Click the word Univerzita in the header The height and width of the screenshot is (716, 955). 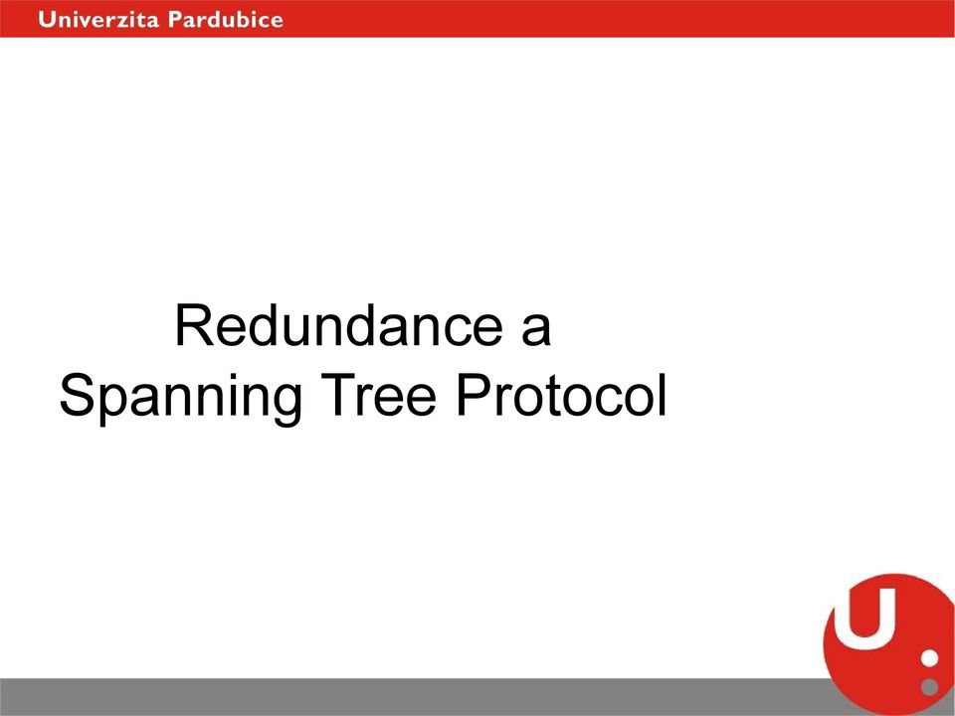pos(98,20)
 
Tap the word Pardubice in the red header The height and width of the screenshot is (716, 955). pos(226,20)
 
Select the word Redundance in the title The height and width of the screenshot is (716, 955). pos(339,326)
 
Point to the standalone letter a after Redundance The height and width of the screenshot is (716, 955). pos(536,332)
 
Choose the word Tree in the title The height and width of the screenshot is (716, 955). pos(379,395)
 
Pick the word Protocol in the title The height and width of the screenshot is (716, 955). pos(561,395)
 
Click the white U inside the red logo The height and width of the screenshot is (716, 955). pos(864,617)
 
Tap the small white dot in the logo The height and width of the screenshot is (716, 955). pos(929,658)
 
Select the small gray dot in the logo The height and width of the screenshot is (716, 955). pos(929,687)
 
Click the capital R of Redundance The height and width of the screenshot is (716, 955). pos(195,326)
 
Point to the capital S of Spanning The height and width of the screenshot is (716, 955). pos(79,395)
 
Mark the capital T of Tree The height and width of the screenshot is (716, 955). pos(339,395)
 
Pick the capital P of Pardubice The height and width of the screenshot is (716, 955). pos(176,20)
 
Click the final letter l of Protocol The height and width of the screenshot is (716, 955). pos(663,395)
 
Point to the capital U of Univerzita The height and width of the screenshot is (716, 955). pos(47,20)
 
